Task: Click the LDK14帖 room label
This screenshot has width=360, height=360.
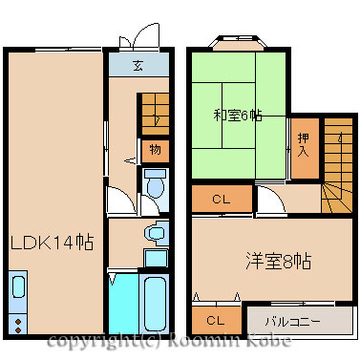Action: tap(53, 243)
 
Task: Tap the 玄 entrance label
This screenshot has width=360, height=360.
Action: tap(138, 65)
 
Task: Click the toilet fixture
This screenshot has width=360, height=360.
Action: tap(155, 183)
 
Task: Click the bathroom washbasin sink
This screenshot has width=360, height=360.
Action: tap(156, 233)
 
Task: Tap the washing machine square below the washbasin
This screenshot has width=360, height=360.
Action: tap(156, 259)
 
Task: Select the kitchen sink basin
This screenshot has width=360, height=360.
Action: tap(18, 286)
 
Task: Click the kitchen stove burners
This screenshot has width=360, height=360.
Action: tap(18, 326)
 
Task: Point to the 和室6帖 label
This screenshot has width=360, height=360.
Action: tap(238, 116)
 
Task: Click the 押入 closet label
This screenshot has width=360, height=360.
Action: tap(304, 145)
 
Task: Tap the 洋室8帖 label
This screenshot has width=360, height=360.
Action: tap(279, 261)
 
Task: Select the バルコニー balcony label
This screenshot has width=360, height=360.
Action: tap(293, 322)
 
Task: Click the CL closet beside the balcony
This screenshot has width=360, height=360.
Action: tap(217, 320)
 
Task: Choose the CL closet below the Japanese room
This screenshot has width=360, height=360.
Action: tap(222, 199)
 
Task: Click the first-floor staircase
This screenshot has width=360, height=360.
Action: tap(155, 114)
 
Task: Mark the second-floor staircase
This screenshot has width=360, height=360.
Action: tap(338, 165)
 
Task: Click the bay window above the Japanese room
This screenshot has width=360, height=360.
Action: tap(238, 43)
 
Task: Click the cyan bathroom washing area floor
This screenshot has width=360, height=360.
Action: tap(124, 304)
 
